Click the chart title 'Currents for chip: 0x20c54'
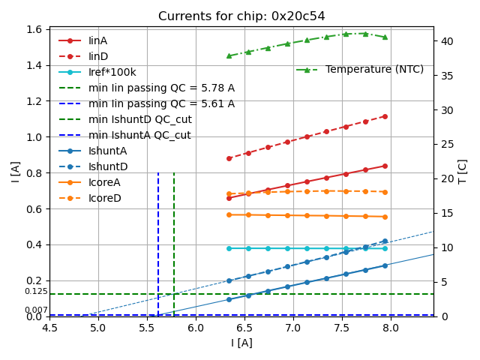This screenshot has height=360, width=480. tap(241, 16)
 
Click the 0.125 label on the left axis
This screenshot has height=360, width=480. tap(35, 292)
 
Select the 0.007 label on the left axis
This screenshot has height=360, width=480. tap(35, 310)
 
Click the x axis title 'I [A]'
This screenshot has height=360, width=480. tap(241, 343)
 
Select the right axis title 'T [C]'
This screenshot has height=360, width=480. tap(463, 172)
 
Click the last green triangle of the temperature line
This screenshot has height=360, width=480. tap(385, 37)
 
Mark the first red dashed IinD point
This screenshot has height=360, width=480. tap(229, 158)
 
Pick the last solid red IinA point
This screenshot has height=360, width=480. tap(385, 166)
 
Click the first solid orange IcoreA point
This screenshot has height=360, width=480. tap(229, 214)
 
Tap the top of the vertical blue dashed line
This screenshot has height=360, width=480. tap(158, 173)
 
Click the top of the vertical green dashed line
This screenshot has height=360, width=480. tap(174, 173)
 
